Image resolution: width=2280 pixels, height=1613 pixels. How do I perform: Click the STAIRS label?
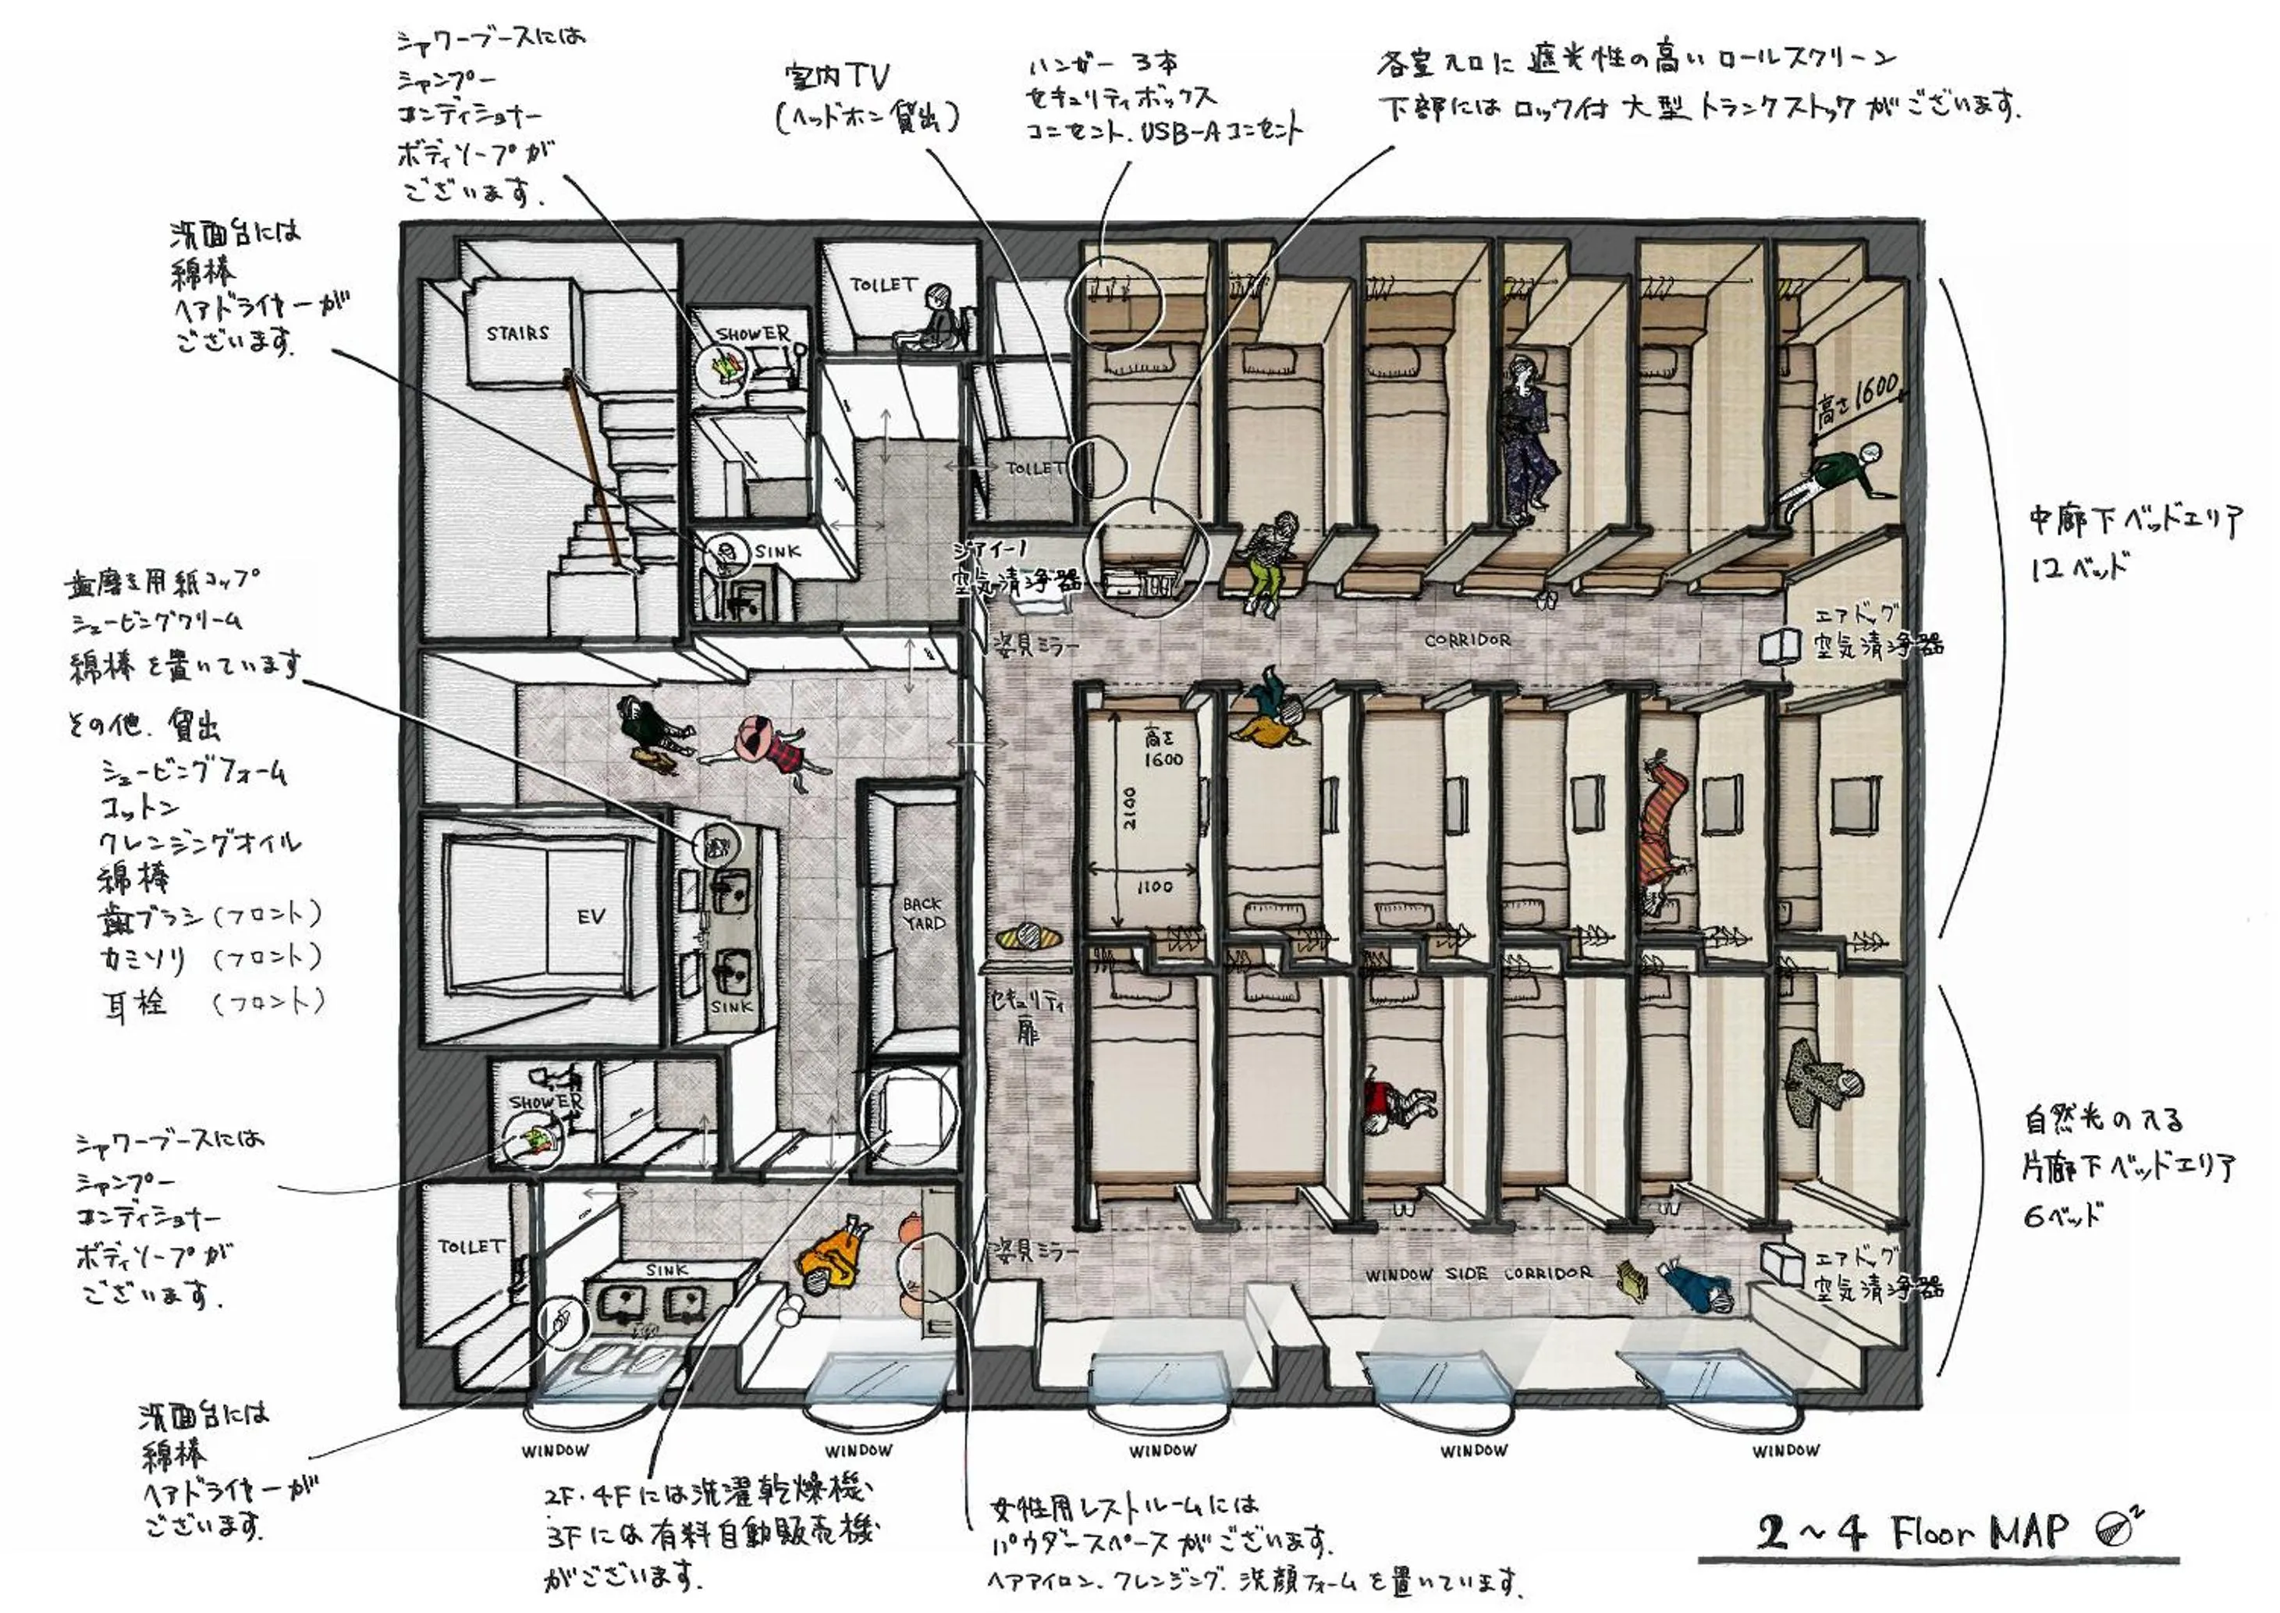click(x=517, y=334)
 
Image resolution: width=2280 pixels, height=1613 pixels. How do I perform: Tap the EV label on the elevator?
click(x=591, y=917)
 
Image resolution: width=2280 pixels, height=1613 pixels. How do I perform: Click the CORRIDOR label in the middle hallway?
click(x=1467, y=641)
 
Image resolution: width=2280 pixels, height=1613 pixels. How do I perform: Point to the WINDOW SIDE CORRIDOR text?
click(x=1478, y=1274)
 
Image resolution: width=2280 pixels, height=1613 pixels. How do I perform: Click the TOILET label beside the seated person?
click(x=883, y=285)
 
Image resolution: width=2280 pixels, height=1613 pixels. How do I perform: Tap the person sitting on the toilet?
click(x=933, y=318)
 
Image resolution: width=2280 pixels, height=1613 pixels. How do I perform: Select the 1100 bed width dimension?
click(x=1153, y=886)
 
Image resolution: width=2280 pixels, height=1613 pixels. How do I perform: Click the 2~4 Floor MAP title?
click(x=1912, y=1533)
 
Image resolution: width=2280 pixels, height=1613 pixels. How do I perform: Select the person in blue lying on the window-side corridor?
click(x=1696, y=1286)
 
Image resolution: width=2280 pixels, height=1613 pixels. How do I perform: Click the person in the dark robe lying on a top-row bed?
click(x=1522, y=437)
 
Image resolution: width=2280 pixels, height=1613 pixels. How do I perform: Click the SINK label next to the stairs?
click(x=776, y=551)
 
